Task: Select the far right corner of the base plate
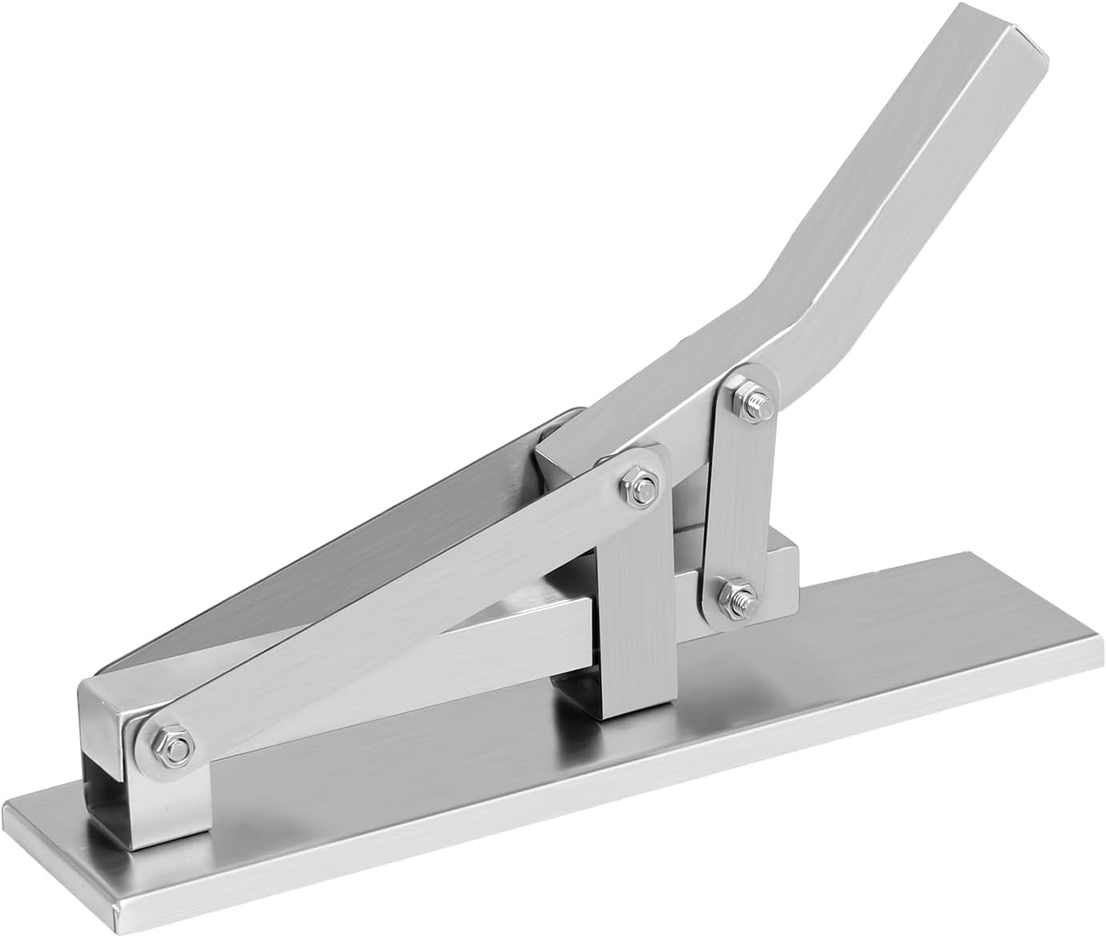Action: [x=1094, y=641]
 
